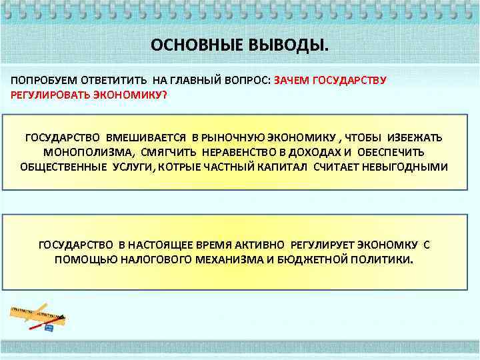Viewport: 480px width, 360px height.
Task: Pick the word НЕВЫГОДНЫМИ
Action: [404, 166]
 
